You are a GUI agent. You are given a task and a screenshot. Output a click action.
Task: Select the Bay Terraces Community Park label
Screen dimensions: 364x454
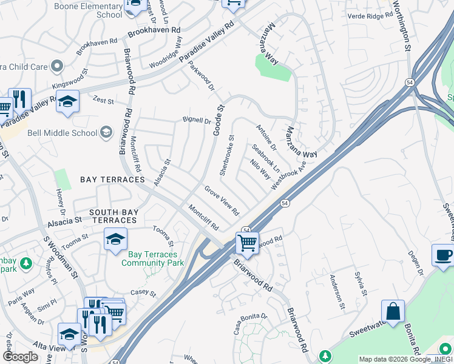click(x=152, y=258)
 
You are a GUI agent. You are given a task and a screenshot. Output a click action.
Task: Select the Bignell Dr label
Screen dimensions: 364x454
click(x=197, y=121)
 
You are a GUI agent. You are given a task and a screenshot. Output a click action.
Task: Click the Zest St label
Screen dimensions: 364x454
click(x=103, y=100)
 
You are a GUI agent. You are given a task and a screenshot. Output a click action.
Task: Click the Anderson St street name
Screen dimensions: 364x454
click(x=336, y=291)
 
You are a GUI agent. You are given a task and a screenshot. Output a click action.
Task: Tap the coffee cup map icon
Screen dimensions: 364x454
click(x=444, y=255)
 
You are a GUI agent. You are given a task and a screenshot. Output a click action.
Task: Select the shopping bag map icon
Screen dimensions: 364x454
click(x=393, y=311)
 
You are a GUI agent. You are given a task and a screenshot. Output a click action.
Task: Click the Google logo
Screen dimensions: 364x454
click(x=21, y=357)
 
